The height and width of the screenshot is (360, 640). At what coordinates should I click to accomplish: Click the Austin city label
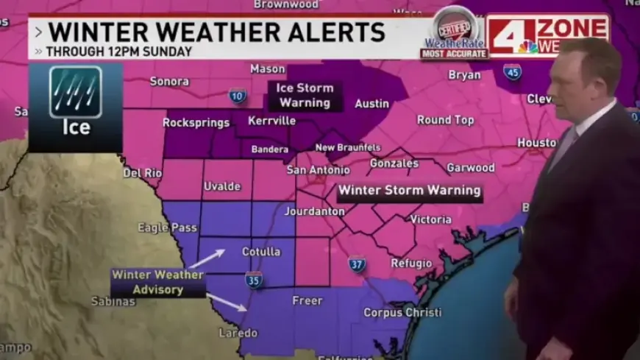(371, 104)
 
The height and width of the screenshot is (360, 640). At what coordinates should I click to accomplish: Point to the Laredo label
(238, 333)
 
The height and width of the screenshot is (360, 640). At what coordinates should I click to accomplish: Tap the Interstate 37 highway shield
(357, 264)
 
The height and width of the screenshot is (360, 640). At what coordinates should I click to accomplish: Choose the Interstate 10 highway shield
(237, 95)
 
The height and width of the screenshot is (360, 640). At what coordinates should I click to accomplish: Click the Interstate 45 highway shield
(513, 71)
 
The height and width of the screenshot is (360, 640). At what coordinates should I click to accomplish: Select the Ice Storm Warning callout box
(305, 96)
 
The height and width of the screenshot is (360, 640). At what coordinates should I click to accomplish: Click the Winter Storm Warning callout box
(409, 191)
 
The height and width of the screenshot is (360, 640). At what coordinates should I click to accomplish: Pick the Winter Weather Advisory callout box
(157, 283)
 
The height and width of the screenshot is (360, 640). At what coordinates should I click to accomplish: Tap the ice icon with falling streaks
(75, 92)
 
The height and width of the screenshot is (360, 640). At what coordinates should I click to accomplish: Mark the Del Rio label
(141, 173)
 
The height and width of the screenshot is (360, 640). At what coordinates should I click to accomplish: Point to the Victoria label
(430, 219)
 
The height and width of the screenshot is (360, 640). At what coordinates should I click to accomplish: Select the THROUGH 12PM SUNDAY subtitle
(118, 52)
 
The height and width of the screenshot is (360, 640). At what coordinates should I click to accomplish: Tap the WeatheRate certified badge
(454, 33)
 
